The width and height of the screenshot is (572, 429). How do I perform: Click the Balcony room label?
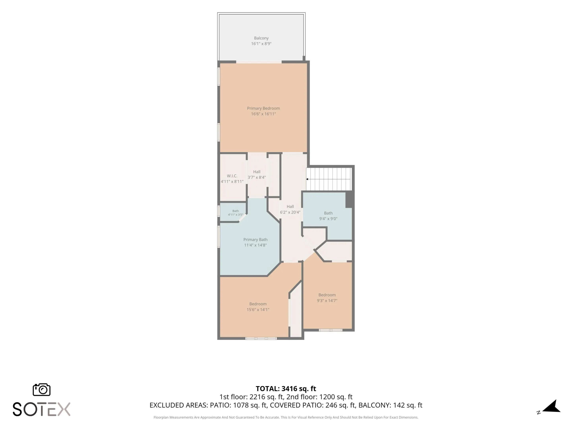[x=261, y=38]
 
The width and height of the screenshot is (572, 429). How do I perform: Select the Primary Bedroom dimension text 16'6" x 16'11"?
[x=263, y=114]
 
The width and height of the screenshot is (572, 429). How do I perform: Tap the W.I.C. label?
[x=232, y=176]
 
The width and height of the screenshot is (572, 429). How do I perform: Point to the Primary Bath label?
[x=255, y=240]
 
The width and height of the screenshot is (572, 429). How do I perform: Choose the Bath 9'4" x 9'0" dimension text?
[x=328, y=218]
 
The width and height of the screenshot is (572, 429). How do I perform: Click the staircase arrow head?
[x=307, y=179]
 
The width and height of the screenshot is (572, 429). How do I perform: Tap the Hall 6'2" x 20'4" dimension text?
[x=290, y=212]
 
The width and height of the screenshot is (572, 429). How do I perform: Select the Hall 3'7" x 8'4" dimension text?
[x=257, y=177]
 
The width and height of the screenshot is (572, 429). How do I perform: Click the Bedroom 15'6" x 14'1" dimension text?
[x=258, y=309]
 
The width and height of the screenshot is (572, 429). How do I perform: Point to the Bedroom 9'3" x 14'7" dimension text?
[x=327, y=300]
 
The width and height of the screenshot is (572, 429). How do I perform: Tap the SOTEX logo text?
[x=41, y=409]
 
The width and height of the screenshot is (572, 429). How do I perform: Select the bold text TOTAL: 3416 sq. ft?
[x=286, y=389]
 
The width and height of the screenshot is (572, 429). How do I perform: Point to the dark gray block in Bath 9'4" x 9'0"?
[x=349, y=199]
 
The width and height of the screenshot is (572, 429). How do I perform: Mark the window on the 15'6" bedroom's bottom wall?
[x=261, y=338]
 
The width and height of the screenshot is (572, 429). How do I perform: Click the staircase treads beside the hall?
[x=329, y=179]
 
